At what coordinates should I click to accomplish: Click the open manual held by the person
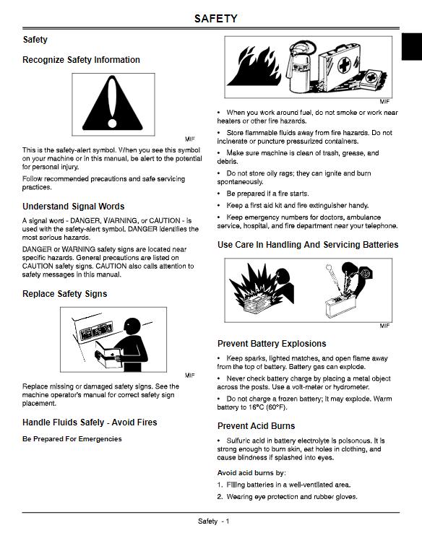coord(109,354)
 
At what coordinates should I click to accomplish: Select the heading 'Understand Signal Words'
coord(73,207)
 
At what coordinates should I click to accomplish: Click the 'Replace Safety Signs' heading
coord(64,294)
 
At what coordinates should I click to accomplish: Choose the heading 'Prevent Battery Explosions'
coord(272,344)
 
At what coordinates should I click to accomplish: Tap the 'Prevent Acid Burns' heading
coord(256,426)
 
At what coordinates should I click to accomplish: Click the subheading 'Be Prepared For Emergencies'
coord(72,439)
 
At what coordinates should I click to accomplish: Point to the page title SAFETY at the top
coord(215,19)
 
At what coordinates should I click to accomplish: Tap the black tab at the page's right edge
coord(413,50)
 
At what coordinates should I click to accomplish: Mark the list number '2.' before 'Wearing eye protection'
coord(220,497)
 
